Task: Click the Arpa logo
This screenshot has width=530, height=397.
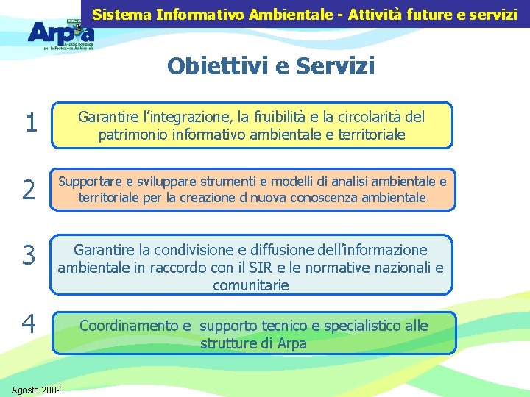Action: [61, 32]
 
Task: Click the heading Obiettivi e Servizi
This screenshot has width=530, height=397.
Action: [271, 66]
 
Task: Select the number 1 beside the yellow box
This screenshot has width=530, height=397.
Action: [30, 124]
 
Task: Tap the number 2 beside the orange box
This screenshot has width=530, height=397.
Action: [29, 190]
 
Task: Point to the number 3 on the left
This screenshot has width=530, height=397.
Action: [29, 256]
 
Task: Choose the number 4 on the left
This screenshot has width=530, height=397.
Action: [29, 324]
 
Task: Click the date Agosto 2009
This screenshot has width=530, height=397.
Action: [37, 388]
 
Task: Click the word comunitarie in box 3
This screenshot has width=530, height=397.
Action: [251, 285]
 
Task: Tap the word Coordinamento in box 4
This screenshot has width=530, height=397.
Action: [129, 325]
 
